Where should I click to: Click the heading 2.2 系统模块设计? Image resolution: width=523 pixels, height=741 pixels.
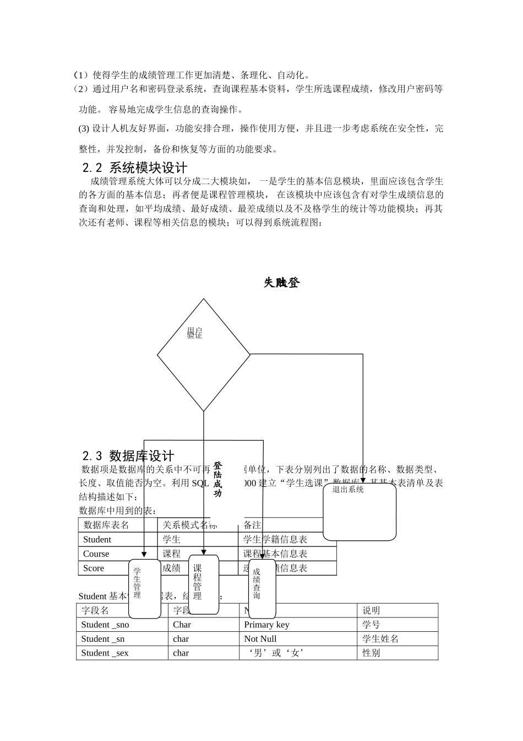coord(135,168)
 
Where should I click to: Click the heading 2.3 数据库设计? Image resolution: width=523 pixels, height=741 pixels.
coord(128,456)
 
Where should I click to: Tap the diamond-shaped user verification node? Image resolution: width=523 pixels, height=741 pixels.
coord(204,355)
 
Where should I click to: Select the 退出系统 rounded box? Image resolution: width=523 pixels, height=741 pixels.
coord(359,512)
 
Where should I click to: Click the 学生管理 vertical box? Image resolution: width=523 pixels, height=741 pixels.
coord(144,588)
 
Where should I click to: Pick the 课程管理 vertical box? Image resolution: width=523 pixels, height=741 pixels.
coord(204,584)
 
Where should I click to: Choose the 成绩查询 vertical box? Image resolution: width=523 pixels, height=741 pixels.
coord(261,588)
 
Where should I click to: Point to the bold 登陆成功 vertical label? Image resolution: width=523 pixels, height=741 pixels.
coord(217,480)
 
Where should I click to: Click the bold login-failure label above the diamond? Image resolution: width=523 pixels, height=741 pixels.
coord(282,283)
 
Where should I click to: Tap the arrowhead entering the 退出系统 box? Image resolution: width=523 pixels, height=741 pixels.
coord(363,480)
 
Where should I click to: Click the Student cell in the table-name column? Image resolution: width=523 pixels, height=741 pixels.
coord(97,539)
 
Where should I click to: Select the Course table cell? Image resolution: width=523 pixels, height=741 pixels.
coord(96,554)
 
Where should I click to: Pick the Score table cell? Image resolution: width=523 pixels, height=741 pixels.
coord(94,568)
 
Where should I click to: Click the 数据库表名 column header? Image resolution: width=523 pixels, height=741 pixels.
coord(106,525)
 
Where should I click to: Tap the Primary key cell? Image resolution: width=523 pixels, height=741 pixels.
coord(266,625)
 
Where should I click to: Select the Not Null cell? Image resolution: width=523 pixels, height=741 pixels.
coord(260,638)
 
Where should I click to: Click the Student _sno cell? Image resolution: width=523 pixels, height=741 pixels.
coord(105,625)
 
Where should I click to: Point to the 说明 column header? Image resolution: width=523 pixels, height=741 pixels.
coord(371,610)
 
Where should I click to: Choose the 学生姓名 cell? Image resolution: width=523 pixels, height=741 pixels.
coord(380,638)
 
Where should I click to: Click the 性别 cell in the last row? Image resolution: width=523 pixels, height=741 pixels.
coord(371,653)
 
